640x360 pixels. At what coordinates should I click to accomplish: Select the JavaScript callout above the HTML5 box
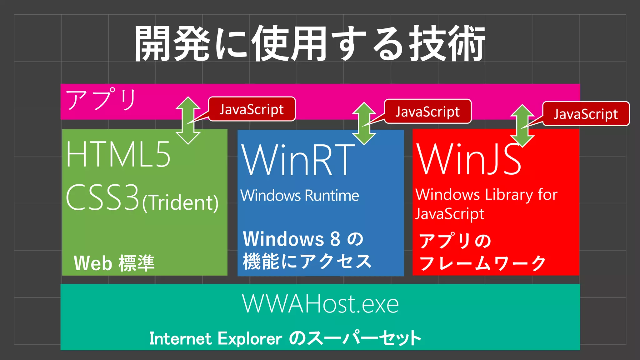(252, 109)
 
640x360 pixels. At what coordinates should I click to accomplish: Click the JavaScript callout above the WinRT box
(427, 111)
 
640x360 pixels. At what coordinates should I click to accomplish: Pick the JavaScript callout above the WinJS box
(586, 114)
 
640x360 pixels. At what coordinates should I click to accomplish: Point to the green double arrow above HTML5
(188, 120)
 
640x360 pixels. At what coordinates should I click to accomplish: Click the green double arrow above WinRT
(364, 123)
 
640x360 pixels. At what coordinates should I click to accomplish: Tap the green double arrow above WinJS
(522, 126)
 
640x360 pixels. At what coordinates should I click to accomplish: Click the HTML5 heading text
(118, 154)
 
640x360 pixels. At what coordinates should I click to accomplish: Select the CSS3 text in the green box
(102, 197)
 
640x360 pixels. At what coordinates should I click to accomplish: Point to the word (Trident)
(180, 203)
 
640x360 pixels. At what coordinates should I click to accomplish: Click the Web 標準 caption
(114, 263)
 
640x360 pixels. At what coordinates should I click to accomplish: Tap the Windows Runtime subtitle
(300, 196)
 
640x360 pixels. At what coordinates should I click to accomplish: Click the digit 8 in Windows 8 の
(335, 239)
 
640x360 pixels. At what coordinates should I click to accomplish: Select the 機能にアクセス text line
(307, 261)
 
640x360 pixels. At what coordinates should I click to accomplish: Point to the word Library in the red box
(508, 195)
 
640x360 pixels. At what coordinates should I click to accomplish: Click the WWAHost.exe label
(320, 304)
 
